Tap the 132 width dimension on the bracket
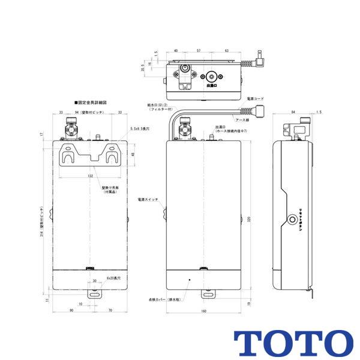(x=91, y=176)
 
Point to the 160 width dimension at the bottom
(x=203, y=311)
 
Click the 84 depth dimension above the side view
(x=292, y=112)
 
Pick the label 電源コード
(x=255, y=98)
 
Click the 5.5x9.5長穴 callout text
(x=142, y=129)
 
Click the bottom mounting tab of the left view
(x=94, y=293)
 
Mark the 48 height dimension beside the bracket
(x=133, y=155)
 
